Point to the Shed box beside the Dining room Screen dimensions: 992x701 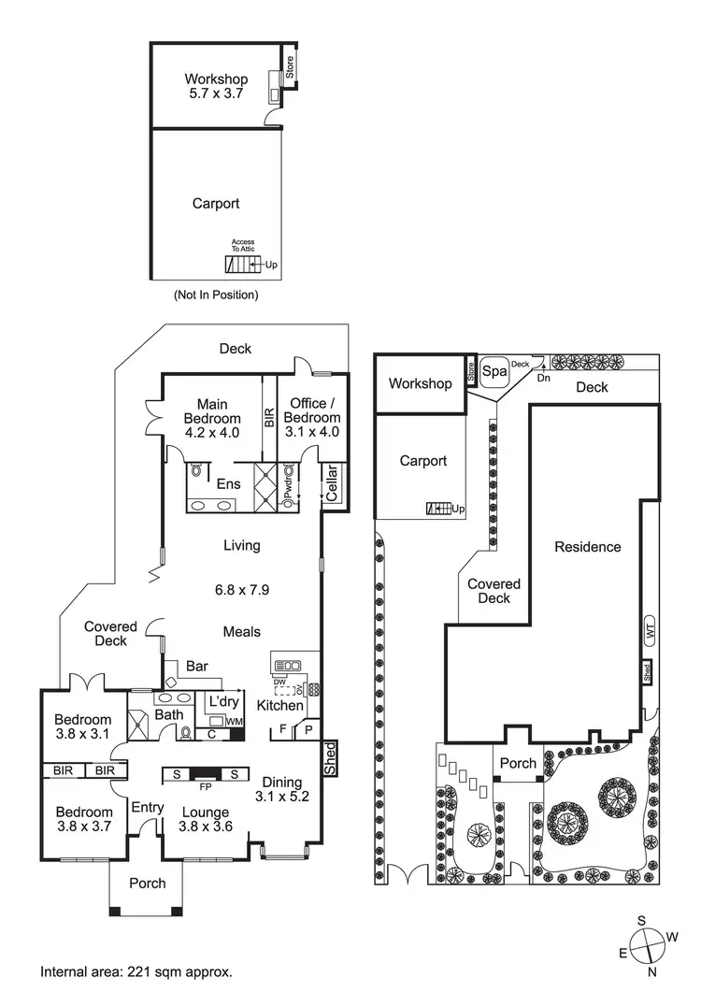329,758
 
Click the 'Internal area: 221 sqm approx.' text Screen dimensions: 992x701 136,972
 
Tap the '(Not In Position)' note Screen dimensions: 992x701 216,295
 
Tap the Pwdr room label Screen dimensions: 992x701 289,486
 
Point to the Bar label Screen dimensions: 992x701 197,667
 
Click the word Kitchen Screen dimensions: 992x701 280,706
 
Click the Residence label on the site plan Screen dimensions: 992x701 587,547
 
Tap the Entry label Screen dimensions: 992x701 148,808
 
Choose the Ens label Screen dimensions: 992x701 229,485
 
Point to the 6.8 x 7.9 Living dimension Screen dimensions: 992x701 242,590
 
